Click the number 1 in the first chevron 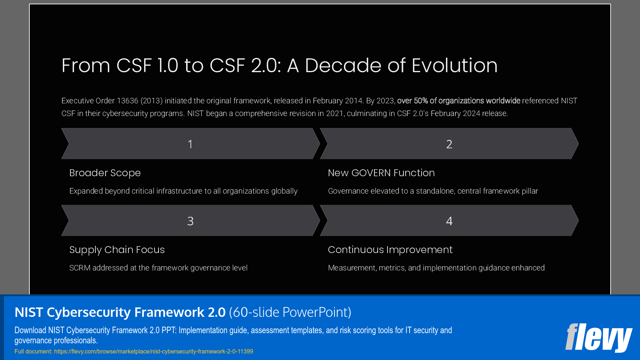(190, 144)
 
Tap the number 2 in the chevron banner (449, 144)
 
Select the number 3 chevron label (190, 221)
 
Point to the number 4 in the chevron (449, 221)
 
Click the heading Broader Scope (105, 173)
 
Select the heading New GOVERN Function (381, 173)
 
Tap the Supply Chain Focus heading (117, 250)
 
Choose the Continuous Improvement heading (390, 250)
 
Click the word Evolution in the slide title (454, 66)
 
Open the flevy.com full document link (153, 351)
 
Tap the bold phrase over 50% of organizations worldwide (459, 101)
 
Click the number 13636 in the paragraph (127, 101)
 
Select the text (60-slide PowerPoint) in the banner (290, 313)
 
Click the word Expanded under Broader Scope (86, 191)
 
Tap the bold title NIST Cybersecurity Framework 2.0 (120, 313)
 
